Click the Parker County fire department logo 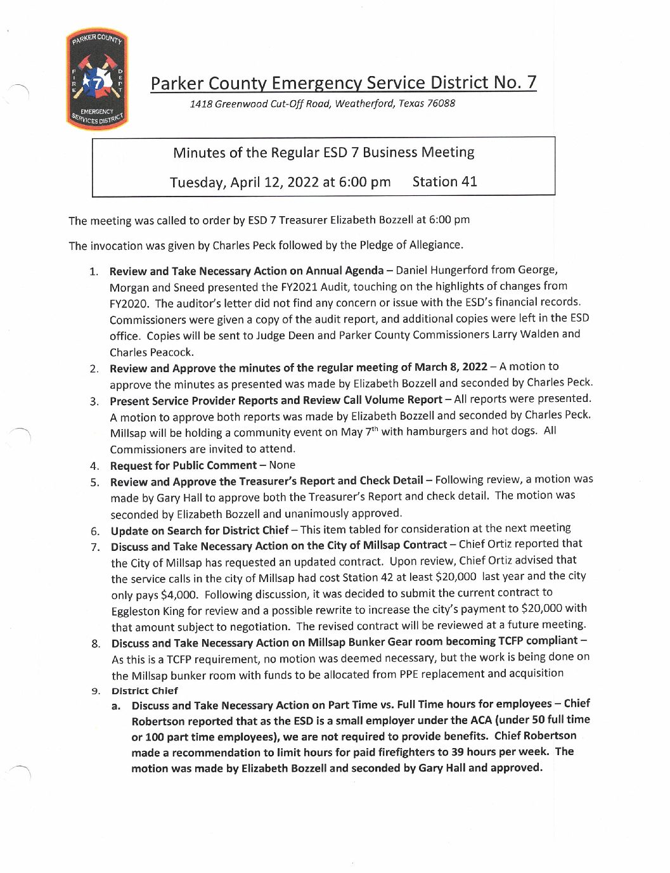[97, 79]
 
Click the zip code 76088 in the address [441, 103]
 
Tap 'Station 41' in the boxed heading [444, 182]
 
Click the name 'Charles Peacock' [151, 352]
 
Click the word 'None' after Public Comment [282, 465]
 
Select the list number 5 [94, 482]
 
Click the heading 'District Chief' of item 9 [145, 691]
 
